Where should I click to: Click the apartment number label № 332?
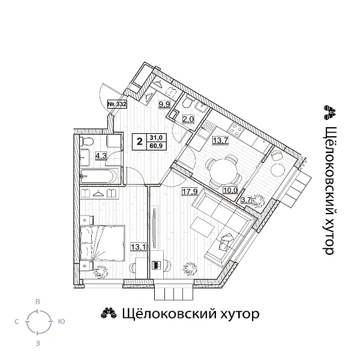tap(117, 104)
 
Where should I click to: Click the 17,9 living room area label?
tap(190, 193)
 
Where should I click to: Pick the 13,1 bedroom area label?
tap(139, 245)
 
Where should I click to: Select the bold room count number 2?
tap(140, 142)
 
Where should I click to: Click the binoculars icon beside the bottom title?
tap(108, 313)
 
